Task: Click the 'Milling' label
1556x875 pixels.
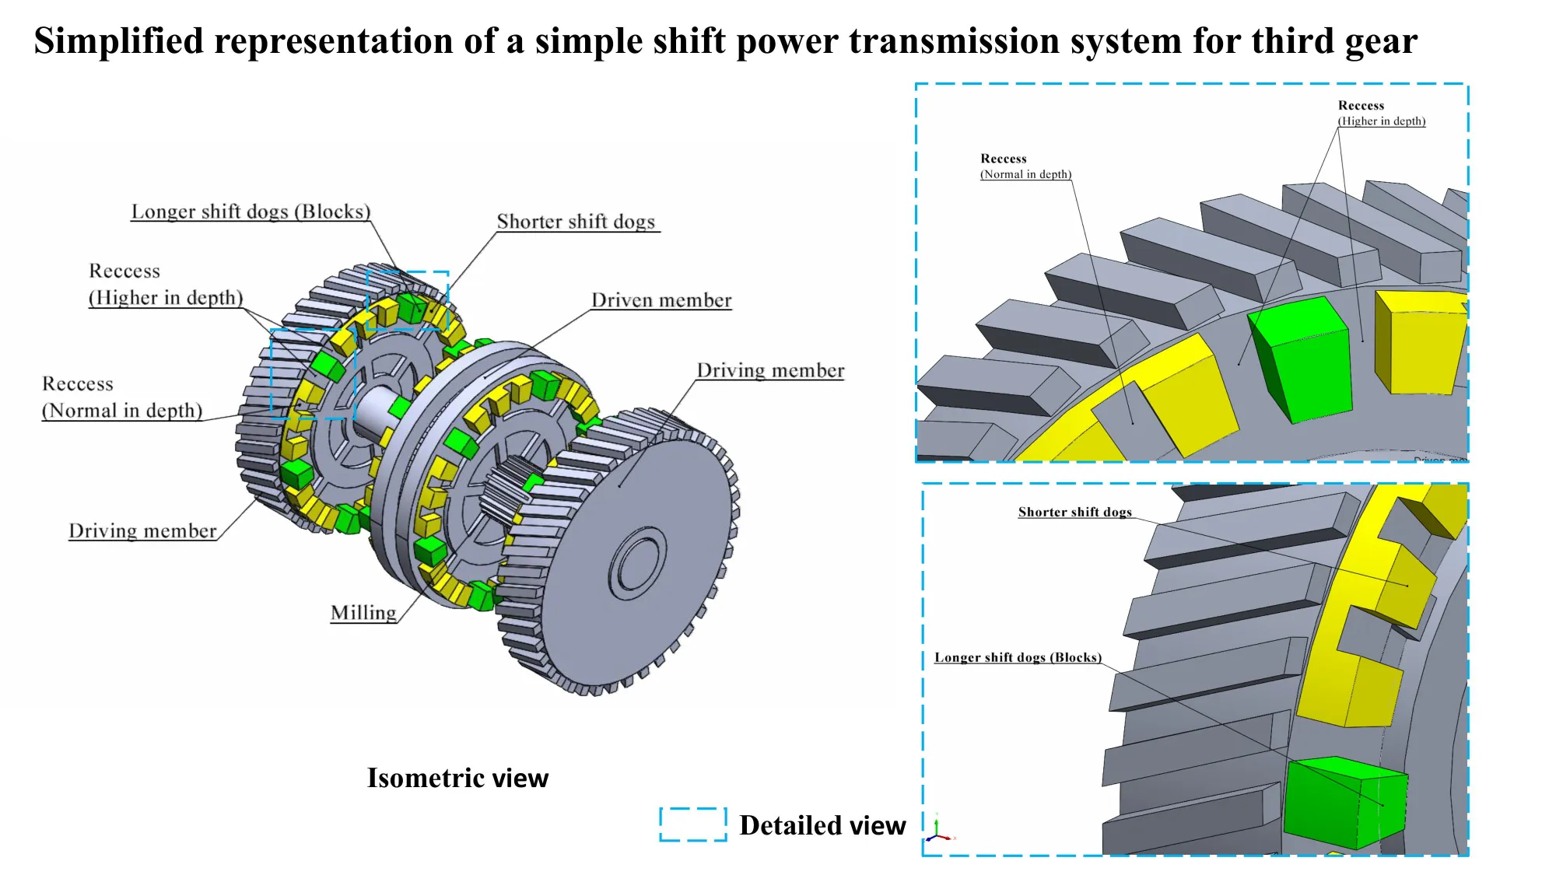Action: pos(363,613)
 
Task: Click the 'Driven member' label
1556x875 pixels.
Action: pos(661,300)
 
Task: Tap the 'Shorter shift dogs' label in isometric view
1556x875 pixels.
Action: pos(576,222)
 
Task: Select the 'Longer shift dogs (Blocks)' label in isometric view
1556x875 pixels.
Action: pos(251,212)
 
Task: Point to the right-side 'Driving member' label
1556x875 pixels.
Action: pos(770,370)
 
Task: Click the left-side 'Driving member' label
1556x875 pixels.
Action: pos(142,530)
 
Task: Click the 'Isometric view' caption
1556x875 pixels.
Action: pos(457,778)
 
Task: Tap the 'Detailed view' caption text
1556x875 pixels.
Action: pos(822,825)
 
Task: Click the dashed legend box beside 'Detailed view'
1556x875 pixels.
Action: pos(692,824)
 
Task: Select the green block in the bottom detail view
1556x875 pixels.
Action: pos(1344,803)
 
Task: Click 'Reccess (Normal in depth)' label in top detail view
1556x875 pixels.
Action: pos(1025,166)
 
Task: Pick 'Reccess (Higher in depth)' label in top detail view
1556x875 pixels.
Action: pos(1381,114)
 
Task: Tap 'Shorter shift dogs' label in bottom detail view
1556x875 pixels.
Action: pos(1074,512)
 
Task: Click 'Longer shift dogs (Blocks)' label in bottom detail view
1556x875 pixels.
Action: pos(1018,657)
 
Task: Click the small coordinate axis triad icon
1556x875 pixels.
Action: pos(938,831)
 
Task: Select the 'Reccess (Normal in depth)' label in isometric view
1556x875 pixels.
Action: pos(122,397)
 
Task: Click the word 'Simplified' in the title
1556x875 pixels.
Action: pos(118,40)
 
